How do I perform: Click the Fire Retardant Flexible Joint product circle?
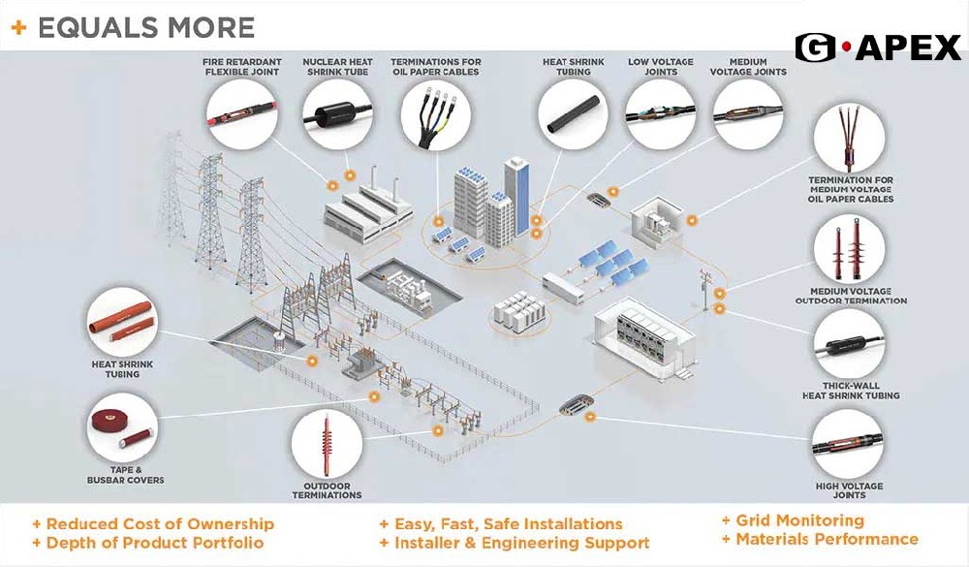[x=241, y=114]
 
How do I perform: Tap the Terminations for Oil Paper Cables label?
[x=435, y=65]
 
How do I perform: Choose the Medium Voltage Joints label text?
[x=748, y=65]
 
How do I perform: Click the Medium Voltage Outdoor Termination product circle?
[x=850, y=249]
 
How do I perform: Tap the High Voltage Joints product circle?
[x=849, y=444]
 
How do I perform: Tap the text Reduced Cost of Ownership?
[x=160, y=523]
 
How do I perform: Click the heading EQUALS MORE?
[x=145, y=27]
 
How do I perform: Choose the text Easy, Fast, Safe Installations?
[x=508, y=523]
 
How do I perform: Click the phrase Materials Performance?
[x=827, y=539]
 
